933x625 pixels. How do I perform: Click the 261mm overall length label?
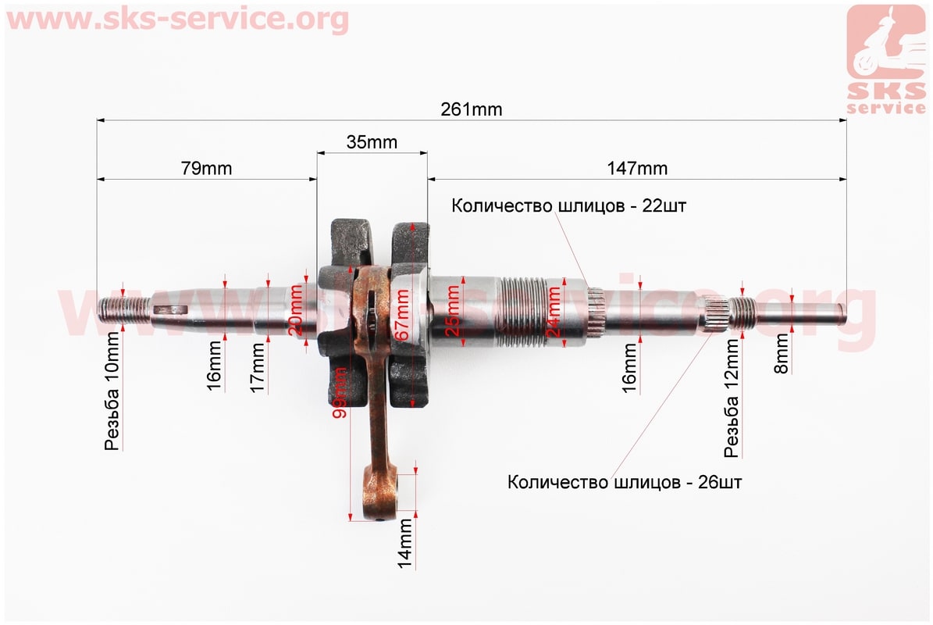pos(472,109)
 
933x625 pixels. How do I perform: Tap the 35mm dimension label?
pos(372,142)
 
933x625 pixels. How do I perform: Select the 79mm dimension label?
pos(206,169)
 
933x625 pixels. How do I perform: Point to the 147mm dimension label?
pos(637,169)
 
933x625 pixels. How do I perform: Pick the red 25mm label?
pos(453,311)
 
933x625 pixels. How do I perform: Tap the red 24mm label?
pos(554,311)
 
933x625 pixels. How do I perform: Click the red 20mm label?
pos(296,309)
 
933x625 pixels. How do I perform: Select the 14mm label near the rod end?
pos(405,544)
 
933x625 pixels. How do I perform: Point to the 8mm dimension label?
pos(782,354)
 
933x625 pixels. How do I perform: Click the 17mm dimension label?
pos(256,367)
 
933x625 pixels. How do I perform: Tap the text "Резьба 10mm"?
pos(112,391)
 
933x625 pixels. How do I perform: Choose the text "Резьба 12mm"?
pos(732,398)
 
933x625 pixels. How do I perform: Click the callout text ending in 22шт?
pos(569,206)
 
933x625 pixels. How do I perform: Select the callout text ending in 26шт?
pos(625,481)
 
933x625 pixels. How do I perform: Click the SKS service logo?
pos(886,59)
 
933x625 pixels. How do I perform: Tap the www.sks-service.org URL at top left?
pos(177,19)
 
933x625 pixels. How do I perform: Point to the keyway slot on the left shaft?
pos(171,309)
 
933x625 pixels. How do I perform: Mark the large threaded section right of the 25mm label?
pos(524,312)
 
